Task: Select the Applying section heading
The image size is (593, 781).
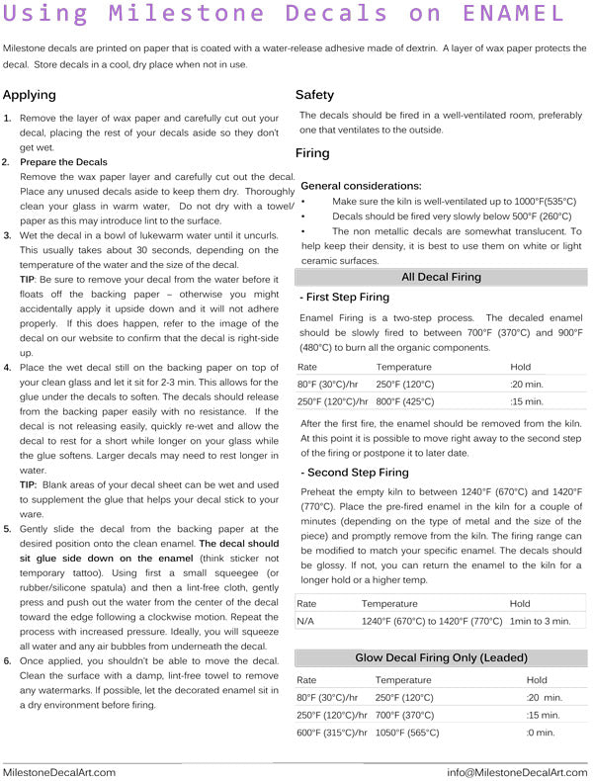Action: [30, 96]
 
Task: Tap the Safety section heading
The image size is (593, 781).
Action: [314, 95]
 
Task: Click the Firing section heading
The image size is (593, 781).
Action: [312, 153]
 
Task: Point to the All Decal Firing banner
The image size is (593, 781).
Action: [441, 278]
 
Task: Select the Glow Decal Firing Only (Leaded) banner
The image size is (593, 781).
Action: [441, 657]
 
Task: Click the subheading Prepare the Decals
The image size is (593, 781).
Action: [63, 161]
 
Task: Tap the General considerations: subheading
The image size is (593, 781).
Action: [360, 186]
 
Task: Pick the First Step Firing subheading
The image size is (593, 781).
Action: [347, 297]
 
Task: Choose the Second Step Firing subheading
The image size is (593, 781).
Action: [356, 473]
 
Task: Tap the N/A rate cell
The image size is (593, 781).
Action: [306, 621]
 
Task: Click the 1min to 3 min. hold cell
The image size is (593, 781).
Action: [540, 621]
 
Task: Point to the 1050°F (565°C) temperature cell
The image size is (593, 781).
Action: [407, 733]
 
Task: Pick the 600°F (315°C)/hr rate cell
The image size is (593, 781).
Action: [332, 733]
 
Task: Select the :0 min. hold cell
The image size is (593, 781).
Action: [541, 733]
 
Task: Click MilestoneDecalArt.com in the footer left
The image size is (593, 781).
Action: [59, 772]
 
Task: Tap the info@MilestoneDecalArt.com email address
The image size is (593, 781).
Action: [517, 772]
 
